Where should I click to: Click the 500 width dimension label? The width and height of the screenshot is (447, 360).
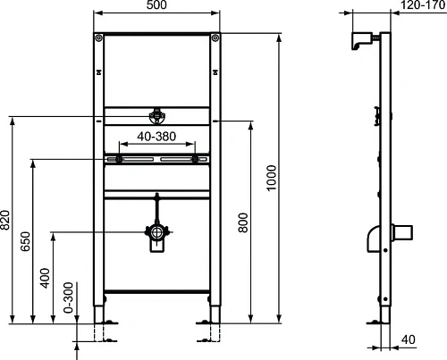[157, 6]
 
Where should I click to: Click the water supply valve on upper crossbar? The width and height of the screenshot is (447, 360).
[157, 115]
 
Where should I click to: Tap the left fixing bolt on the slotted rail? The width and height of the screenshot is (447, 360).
[116, 159]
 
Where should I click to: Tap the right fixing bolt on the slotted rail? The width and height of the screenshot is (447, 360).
[194, 159]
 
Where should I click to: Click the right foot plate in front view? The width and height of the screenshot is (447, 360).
[211, 323]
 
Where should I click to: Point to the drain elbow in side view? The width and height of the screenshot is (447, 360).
[374, 238]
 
